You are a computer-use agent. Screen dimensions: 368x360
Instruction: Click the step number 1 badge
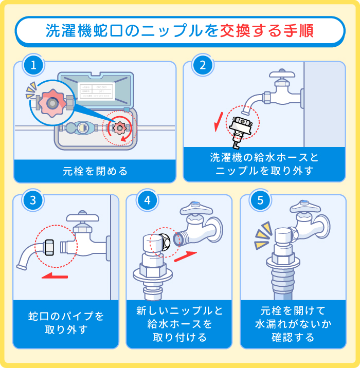tap(33, 66)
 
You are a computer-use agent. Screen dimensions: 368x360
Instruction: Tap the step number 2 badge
tap(203, 66)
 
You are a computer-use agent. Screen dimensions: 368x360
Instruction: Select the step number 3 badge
tap(33, 200)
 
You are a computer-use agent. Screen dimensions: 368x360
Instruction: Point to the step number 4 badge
tap(147, 200)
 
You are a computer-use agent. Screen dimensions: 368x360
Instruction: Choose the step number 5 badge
tap(260, 200)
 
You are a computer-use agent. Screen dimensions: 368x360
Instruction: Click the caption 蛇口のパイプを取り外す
tap(66, 322)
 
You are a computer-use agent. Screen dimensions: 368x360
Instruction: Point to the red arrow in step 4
tap(186, 256)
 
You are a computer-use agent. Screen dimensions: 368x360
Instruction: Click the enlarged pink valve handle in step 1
tap(51, 103)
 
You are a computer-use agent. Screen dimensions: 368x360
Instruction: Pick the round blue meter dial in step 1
tap(82, 128)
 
